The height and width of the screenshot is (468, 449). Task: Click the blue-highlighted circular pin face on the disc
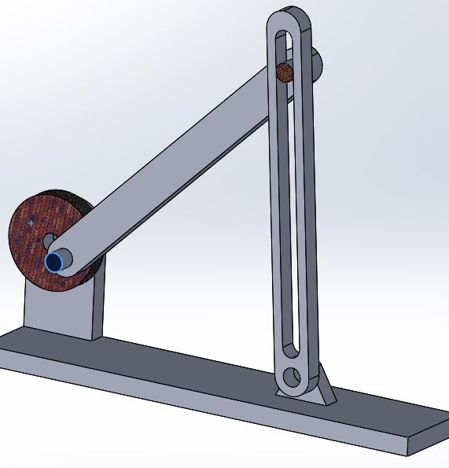click(55, 262)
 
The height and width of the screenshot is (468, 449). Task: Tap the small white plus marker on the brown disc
click(31, 223)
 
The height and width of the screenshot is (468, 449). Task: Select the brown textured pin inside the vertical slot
click(285, 73)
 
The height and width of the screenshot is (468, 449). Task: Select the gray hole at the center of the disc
click(48, 241)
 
